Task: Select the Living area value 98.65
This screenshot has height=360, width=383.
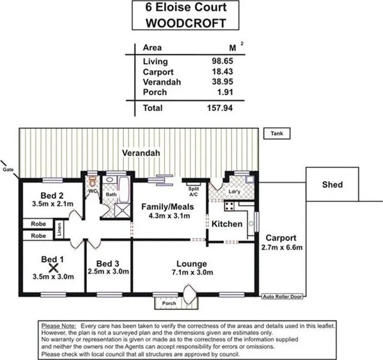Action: [221, 61]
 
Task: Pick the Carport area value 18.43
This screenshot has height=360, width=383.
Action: [221, 72]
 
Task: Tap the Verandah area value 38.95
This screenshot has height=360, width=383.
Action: [221, 82]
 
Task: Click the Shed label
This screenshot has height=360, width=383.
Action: [332, 185]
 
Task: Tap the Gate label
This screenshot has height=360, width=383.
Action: [8, 169]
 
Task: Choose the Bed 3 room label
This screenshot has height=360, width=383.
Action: [108, 263]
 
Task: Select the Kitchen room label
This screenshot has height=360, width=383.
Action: [228, 224]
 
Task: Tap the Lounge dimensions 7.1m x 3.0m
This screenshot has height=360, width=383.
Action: [191, 272]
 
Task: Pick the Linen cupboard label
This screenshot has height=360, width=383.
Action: [58, 230]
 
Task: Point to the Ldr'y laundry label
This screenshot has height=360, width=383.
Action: [235, 192]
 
